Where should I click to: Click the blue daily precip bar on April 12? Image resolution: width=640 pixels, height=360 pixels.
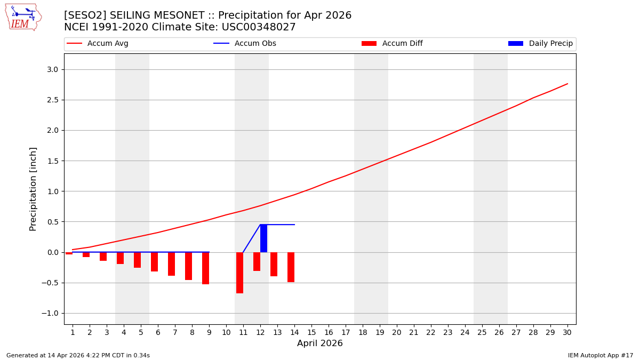[263, 238]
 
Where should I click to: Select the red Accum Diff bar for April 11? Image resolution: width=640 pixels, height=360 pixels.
[239, 273]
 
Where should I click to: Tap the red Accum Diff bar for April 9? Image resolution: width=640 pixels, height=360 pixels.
[205, 268]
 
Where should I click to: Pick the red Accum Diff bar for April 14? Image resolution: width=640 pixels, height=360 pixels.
[291, 267]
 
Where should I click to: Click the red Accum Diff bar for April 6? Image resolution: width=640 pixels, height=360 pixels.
[154, 261]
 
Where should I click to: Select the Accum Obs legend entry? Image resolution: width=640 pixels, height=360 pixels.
[245, 44]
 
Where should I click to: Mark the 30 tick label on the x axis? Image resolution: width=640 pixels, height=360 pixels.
[567, 332]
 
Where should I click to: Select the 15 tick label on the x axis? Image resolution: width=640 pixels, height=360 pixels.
[311, 332]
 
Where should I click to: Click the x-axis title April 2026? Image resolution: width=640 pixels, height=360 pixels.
[319, 343]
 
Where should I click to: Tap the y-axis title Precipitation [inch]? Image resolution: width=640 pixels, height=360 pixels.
[33, 189]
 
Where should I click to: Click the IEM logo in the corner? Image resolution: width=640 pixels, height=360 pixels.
[23, 17]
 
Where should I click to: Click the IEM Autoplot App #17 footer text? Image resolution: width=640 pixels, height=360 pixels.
[600, 355]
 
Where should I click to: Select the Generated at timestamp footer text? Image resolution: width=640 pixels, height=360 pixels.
[78, 355]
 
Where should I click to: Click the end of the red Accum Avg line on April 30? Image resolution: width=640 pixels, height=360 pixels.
[567, 84]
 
